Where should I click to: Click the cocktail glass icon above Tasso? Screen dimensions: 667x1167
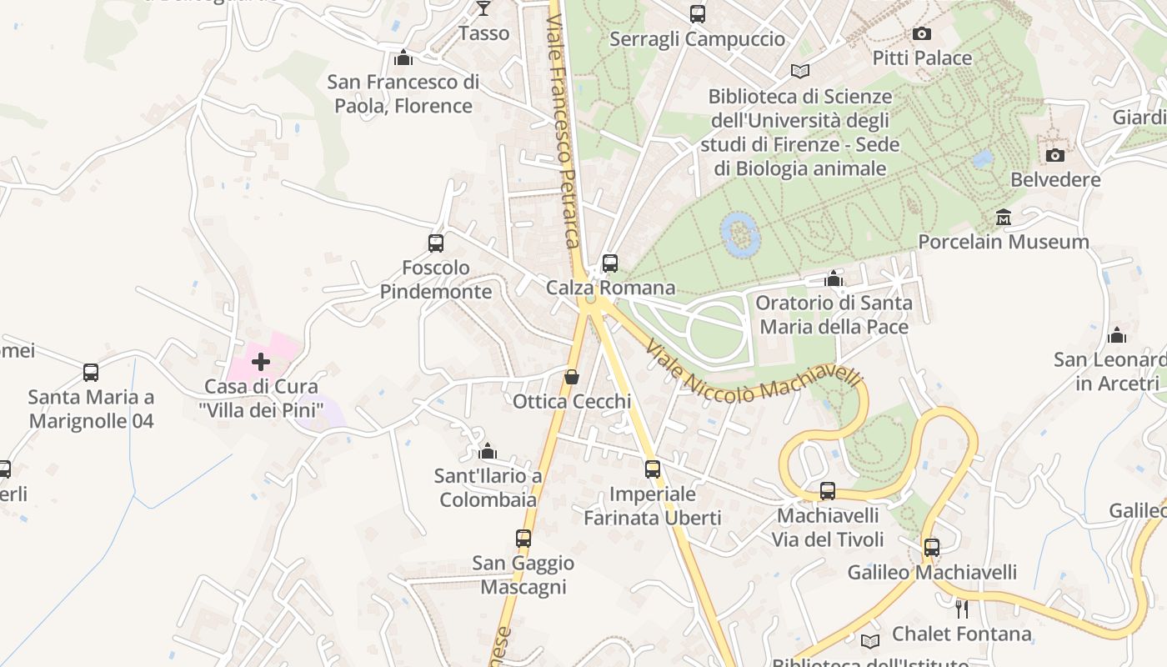(x=483, y=8)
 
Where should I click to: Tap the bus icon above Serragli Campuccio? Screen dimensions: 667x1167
(x=698, y=13)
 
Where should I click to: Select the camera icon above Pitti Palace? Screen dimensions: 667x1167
(x=921, y=33)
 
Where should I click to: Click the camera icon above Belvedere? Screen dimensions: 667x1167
(x=1055, y=155)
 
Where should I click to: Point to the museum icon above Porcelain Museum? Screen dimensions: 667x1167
(x=1004, y=218)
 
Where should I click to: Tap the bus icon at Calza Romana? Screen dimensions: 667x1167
(x=610, y=263)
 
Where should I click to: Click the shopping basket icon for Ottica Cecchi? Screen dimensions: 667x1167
(x=572, y=377)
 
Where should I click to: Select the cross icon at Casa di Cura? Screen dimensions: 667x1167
(x=261, y=362)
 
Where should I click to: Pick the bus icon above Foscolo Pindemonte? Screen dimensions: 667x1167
(x=436, y=243)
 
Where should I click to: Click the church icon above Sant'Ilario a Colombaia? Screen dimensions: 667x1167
(x=488, y=452)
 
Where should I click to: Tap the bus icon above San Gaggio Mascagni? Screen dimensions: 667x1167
(x=523, y=539)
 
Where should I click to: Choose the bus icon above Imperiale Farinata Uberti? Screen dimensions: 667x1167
(x=653, y=469)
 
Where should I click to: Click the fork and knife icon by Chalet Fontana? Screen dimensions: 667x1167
(x=962, y=609)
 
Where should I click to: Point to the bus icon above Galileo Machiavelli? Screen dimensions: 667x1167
(x=932, y=548)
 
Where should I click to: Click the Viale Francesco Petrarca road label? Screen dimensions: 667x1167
(x=563, y=133)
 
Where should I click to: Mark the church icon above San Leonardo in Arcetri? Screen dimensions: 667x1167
(x=1117, y=335)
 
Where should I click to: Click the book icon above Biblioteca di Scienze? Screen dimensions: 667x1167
(x=800, y=72)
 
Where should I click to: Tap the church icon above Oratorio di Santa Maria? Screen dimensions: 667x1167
(x=834, y=278)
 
